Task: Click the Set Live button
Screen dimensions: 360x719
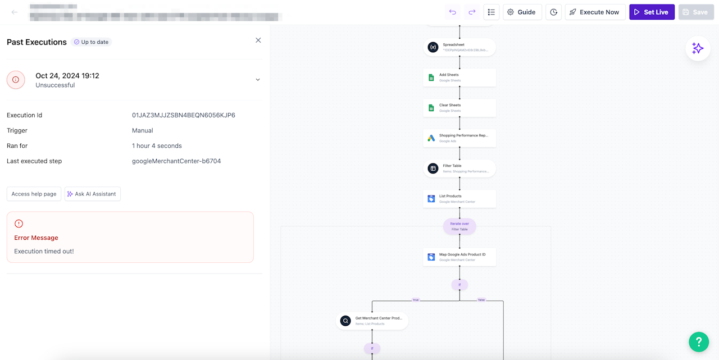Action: pyautogui.click(x=652, y=12)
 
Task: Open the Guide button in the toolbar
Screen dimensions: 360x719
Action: pyautogui.click(x=522, y=12)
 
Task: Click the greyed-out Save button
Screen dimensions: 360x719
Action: pyautogui.click(x=695, y=12)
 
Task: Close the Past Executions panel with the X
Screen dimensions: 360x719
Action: pyautogui.click(x=258, y=40)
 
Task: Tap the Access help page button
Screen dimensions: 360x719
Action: pyautogui.click(x=34, y=194)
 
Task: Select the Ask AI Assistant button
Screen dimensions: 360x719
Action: pyautogui.click(x=92, y=194)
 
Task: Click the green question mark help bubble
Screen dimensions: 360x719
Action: pyautogui.click(x=699, y=341)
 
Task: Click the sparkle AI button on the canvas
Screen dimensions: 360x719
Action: pyautogui.click(x=698, y=48)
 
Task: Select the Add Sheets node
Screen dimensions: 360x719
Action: pyautogui.click(x=459, y=78)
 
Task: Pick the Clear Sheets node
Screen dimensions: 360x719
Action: pyautogui.click(x=459, y=108)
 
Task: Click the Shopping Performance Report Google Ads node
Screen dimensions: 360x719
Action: pyautogui.click(x=459, y=138)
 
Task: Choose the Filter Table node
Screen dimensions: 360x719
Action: pyautogui.click(x=459, y=168)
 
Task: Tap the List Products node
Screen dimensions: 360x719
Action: pyautogui.click(x=459, y=199)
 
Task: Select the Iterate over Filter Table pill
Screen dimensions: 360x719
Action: pyautogui.click(x=459, y=226)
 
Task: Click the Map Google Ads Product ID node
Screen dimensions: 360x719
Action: pyautogui.click(x=459, y=257)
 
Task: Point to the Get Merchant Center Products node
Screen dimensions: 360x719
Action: pyautogui.click(x=372, y=321)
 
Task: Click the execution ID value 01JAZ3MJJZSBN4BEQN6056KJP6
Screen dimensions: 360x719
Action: pyautogui.click(x=183, y=115)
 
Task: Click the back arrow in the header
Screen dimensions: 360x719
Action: pyautogui.click(x=15, y=12)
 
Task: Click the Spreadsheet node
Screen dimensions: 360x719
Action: pyautogui.click(x=459, y=47)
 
